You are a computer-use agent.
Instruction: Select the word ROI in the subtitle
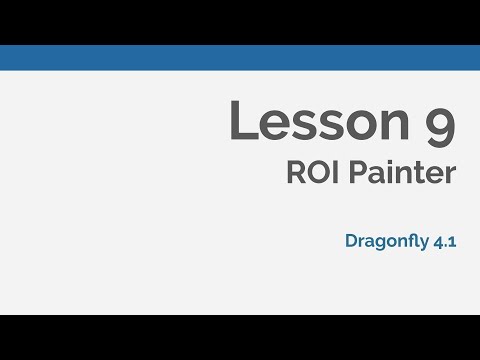point(310,173)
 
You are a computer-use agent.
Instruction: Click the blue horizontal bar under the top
point(240,57)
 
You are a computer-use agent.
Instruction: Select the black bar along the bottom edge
point(240,337)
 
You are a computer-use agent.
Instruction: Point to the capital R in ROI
point(294,173)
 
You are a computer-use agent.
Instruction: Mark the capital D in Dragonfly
point(351,240)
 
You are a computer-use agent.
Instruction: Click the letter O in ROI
point(315,173)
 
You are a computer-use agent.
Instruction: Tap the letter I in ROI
point(331,173)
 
